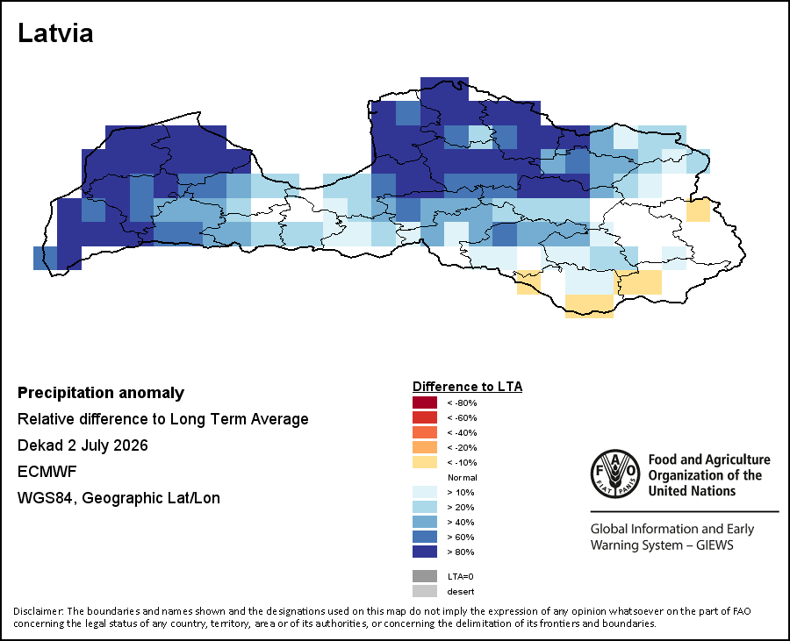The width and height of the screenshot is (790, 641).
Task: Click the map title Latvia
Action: (55, 33)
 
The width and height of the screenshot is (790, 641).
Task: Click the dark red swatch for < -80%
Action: (425, 402)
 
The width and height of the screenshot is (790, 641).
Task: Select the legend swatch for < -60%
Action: (425, 417)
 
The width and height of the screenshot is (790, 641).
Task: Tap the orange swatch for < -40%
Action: (425, 432)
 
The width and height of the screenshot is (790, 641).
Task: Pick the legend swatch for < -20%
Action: (425, 447)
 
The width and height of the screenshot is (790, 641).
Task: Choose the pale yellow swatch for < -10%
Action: (425, 462)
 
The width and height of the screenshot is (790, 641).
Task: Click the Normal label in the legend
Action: (462, 478)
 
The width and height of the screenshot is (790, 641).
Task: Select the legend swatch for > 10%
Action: (425, 492)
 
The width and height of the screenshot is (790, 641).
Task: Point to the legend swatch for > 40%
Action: (425, 522)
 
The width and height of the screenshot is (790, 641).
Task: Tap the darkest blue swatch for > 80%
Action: (425, 552)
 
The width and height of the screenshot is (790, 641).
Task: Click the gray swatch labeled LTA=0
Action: (425, 576)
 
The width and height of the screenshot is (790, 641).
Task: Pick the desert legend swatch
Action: (425, 591)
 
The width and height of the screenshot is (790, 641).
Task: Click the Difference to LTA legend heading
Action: (467, 387)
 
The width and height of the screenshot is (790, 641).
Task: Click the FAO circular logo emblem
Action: (615, 474)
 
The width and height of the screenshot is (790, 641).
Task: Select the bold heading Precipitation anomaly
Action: (101, 393)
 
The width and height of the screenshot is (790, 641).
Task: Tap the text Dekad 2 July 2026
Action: (83, 445)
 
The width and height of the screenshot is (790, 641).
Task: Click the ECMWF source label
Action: (47, 472)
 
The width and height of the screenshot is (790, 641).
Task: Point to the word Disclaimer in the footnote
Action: (39, 611)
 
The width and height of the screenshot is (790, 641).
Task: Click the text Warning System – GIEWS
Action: (662, 545)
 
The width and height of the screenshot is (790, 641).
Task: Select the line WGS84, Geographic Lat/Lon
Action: (118, 498)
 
